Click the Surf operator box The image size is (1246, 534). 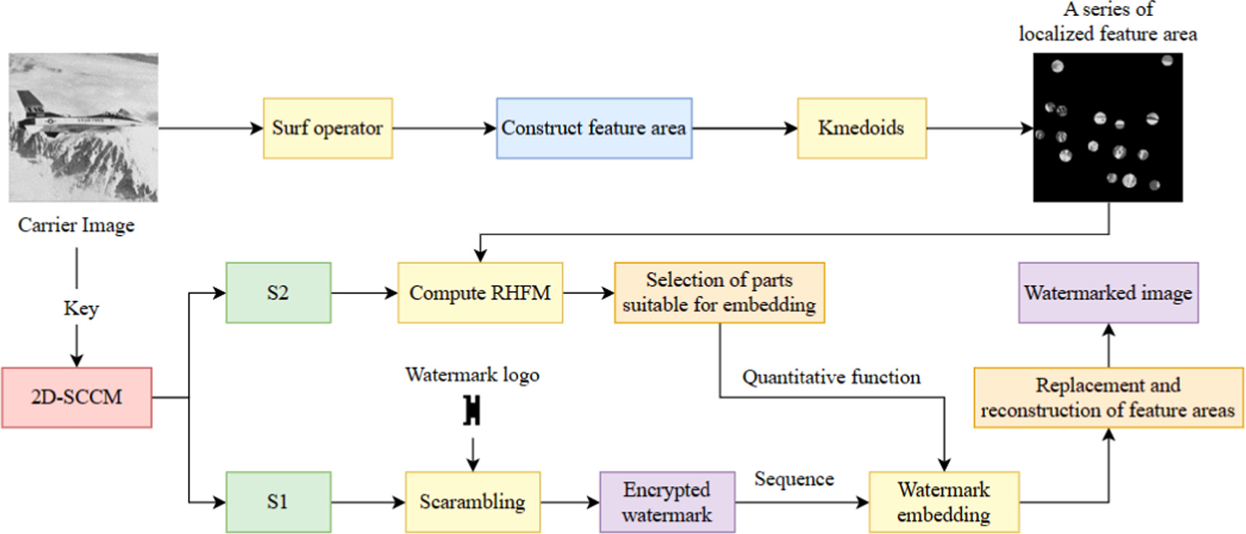(x=327, y=128)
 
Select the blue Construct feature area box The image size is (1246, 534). (x=594, y=128)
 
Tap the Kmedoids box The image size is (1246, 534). (x=861, y=128)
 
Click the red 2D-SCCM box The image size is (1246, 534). (x=76, y=398)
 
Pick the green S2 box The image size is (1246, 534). (x=278, y=293)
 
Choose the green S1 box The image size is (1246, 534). (x=278, y=502)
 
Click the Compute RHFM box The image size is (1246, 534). (x=480, y=293)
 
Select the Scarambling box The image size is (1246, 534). (x=472, y=502)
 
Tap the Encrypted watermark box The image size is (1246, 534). (x=667, y=502)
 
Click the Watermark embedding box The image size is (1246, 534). (x=943, y=502)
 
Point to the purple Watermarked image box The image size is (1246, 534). (x=1108, y=293)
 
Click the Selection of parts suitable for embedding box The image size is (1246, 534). (x=719, y=293)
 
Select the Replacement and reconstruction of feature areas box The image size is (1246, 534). (x=1108, y=398)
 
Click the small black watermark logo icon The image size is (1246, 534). (x=472, y=411)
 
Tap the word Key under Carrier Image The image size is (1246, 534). (x=81, y=308)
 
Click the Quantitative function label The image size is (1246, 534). (x=831, y=377)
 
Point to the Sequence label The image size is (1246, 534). (x=794, y=479)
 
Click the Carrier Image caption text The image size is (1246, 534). (x=76, y=225)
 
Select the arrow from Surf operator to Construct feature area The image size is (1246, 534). (x=444, y=128)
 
